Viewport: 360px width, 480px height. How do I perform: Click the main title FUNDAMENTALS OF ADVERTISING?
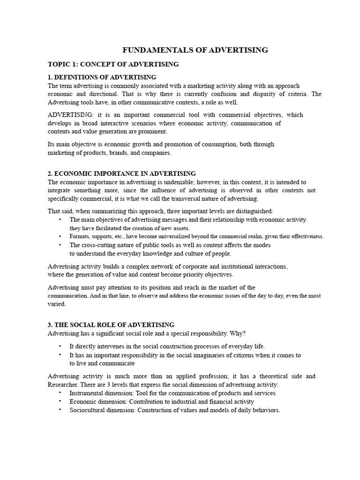tap(195, 50)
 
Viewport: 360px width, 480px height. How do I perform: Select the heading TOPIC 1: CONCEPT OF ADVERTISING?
tap(113, 64)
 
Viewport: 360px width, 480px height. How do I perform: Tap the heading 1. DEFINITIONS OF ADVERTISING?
tap(102, 77)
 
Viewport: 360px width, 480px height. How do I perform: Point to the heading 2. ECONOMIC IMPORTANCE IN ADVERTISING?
tap(122, 173)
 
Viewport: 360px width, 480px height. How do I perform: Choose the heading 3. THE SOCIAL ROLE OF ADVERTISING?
tap(111, 324)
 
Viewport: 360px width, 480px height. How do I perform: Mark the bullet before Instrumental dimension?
tap(60, 393)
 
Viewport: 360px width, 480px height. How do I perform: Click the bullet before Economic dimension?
tap(60, 401)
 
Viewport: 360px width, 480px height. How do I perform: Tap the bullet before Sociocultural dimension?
tap(60, 410)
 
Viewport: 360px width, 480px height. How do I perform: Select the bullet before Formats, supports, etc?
tap(60, 236)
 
